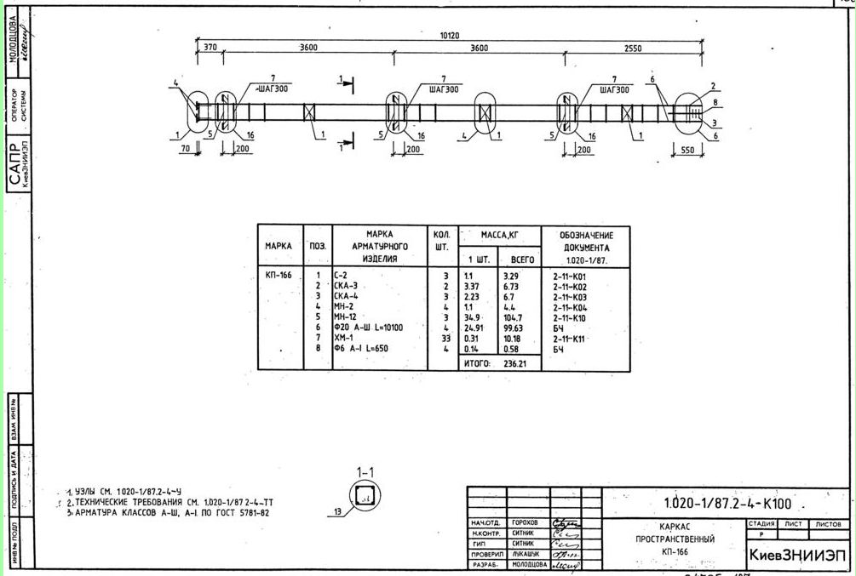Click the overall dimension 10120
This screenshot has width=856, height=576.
click(449, 35)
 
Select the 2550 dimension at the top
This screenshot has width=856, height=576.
click(632, 48)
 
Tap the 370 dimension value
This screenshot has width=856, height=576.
click(210, 48)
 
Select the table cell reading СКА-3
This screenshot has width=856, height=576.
click(346, 287)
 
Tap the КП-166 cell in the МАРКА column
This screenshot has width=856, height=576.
click(278, 276)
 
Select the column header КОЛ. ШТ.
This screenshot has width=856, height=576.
click(441, 241)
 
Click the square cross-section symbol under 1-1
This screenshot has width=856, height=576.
click(365, 497)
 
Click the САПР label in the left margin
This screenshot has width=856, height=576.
click(16, 168)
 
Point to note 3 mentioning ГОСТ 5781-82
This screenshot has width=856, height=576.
click(171, 513)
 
